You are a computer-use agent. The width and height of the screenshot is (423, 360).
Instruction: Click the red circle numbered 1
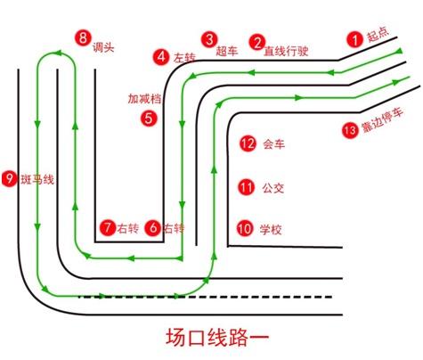pyautogui.click(x=355, y=39)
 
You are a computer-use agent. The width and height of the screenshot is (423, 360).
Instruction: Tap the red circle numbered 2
pyautogui.click(x=257, y=43)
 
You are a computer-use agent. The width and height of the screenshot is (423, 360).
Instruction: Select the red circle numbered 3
pyautogui.click(x=209, y=39)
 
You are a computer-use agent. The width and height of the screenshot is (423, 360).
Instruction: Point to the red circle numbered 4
pyautogui.click(x=161, y=56)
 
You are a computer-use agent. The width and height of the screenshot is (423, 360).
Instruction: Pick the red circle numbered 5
pyautogui.click(x=149, y=119)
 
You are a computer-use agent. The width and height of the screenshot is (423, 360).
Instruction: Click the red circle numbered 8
pyautogui.click(x=83, y=37)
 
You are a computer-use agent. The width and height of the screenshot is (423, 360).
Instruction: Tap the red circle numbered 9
pyautogui.click(x=10, y=178)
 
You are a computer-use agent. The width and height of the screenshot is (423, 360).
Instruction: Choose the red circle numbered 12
pyautogui.click(x=248, y=143)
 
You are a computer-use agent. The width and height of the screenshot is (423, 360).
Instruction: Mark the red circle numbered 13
pyautogui.click(x=350, y=130)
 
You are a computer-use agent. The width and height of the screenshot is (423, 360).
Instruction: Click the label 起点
pyautogui.click(x=378, y=35)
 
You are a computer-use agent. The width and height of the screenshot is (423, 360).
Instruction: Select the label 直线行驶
pyautogui.click(x=286, y=51)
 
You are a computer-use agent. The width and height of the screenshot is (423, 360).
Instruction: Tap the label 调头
pyautogui.click(x=103, y=47)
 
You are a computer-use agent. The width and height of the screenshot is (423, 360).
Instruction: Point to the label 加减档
pyautogui.click(x=144, y=99)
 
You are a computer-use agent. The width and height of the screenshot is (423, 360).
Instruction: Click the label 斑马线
pyautogui.click(x=37, y=179)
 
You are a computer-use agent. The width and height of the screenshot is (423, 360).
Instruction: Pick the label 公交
pyautogui.click(x=273, y=188)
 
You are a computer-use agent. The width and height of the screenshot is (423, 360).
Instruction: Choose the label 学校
pyautogui.click(x=271, y=229)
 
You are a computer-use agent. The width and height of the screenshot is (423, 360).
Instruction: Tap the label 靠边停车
pyautogui.click(x=382, y=119)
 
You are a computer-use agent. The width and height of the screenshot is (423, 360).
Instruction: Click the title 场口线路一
pyautogui.click(x=217, y=338)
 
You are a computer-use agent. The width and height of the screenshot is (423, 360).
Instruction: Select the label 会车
pyautogui.click(x=273, y=144)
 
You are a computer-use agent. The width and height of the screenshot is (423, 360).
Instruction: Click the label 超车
pyautogui.click(x=227, y=51)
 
